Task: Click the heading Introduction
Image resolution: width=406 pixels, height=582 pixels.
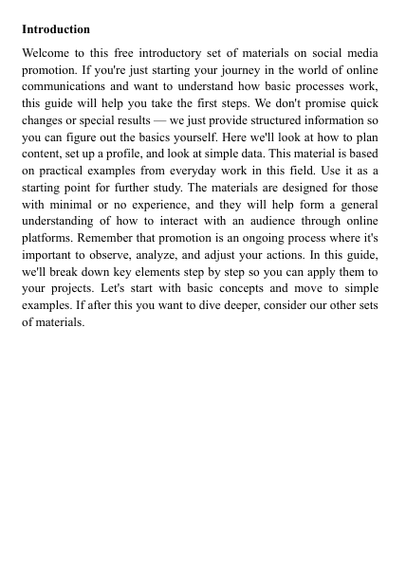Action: pos(56,29)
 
